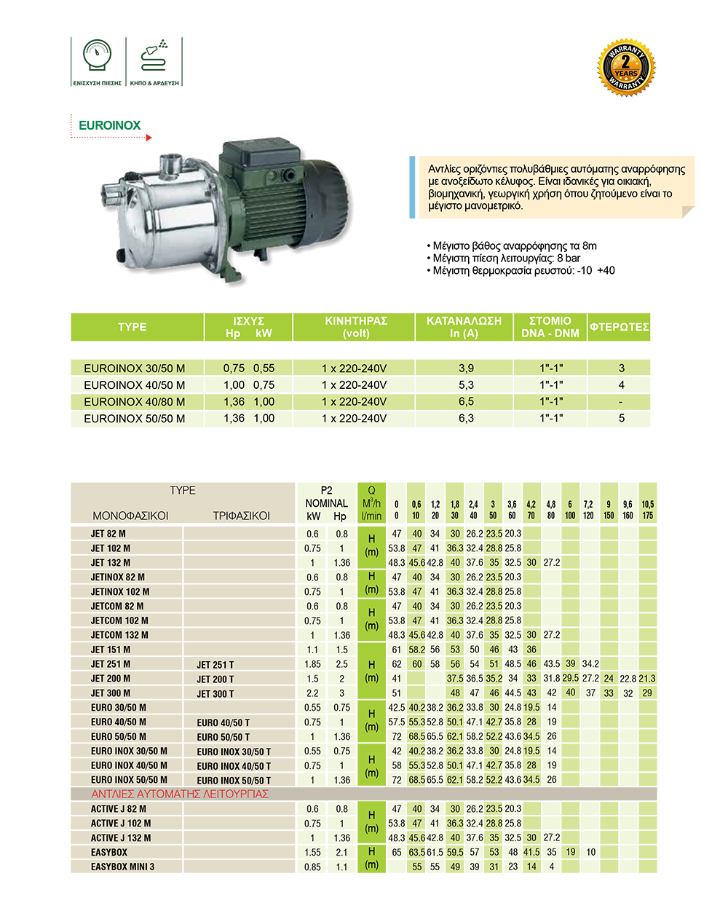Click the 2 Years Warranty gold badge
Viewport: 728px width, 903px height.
click(626, 68)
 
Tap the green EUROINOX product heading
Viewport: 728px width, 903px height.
click(109, 125)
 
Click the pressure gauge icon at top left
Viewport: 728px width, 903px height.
click(97, 58)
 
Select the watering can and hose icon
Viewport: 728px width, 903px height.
click(154, 56)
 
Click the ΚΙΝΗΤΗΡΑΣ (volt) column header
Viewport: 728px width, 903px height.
click(356, 327)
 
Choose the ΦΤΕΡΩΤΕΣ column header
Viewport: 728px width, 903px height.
click(619, 327)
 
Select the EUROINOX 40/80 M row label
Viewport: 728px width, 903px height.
click(134, 402)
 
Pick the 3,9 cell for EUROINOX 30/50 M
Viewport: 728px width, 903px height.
click(466, 368)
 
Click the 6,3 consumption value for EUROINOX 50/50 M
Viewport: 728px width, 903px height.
click(466, 419)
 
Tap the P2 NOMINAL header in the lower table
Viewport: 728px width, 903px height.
click(326, 497)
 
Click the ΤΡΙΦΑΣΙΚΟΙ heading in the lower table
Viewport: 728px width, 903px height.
click(241, 516)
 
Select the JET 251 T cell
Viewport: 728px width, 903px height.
click(215, 665)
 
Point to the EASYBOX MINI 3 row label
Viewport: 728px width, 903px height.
click(122, 867)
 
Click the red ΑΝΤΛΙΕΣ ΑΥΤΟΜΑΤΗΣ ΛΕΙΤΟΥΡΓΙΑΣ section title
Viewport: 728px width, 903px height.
click(180, 794)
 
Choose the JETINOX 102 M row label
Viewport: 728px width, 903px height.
click(120, 592)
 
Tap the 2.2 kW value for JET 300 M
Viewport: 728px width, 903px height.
click(312, 693)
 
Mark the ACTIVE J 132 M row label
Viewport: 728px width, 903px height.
click(121, 838)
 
